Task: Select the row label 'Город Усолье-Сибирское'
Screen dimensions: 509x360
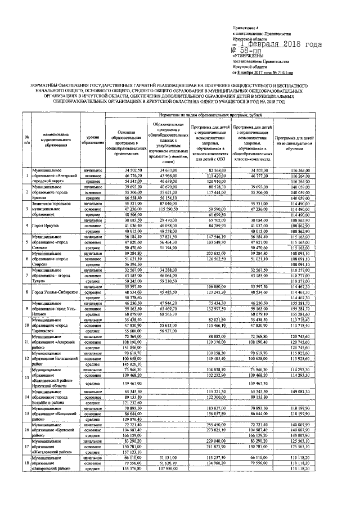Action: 56,292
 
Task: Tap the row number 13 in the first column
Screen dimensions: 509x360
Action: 27,377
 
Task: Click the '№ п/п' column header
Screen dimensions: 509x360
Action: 27,139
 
